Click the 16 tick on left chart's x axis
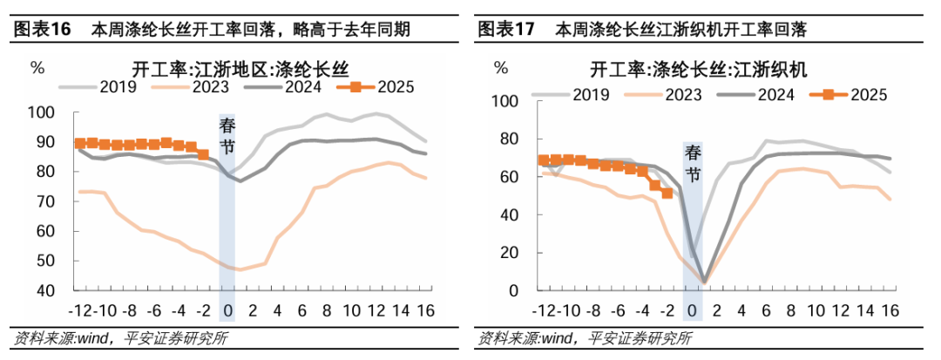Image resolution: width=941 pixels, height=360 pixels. pos(425,309)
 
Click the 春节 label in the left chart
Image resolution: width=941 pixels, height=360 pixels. pos(227,138)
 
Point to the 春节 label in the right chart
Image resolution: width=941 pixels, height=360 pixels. pos(693,163)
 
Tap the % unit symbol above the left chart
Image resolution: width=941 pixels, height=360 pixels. pos(37,66)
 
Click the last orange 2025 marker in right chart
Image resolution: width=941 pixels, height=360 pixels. pos(667,193)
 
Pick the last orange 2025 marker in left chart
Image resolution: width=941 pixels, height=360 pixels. pos(204,155)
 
